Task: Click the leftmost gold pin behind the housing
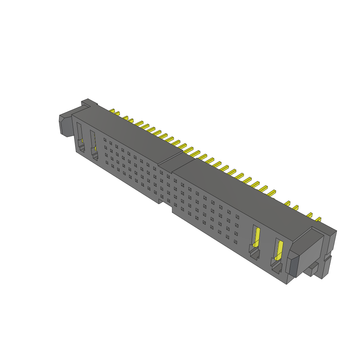tap(112, 111)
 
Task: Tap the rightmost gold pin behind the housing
tap(318, 220)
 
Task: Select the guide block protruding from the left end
tap(65, 124)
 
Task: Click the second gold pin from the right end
tap(310, 215)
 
